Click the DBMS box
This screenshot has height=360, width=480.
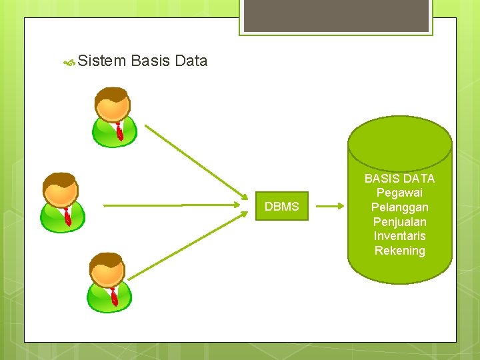(x=281, y=207)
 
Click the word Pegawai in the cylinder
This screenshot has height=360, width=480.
(x=399, y=193)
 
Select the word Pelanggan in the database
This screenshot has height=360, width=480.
(x=399, y=207)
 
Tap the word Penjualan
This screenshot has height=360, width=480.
(x=399, y=222)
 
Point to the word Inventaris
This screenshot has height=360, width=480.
(x=399, y=236)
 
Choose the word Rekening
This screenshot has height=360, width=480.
(x=399, y=251)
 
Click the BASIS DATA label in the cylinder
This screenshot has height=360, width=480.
(x=399, y=178)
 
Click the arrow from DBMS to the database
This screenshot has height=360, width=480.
(x=330, y=207)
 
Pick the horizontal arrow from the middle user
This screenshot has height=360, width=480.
(x=173, y=206)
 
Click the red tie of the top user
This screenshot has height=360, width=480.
(x=119, y=131)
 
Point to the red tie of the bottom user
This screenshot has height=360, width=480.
(x=114, y=297)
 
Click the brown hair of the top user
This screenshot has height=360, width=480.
(x=112, y=93)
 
